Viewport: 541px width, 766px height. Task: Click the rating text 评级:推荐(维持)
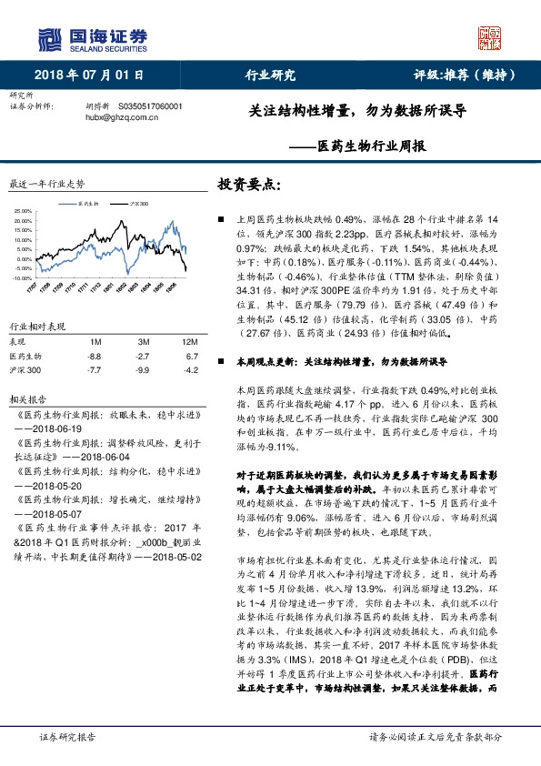[x=455, y=76]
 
